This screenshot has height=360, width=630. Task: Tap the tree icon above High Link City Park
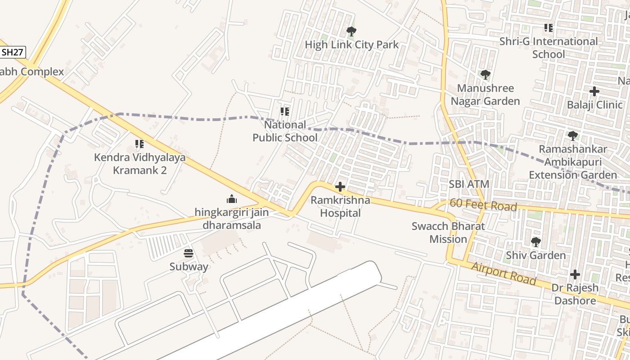point(351,31)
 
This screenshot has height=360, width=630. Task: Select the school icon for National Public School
point(284,111)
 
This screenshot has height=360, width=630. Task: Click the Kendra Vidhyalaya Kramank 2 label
point(139,164)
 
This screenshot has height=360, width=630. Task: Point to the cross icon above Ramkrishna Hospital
point(340,187)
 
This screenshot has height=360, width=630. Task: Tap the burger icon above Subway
point(189,253)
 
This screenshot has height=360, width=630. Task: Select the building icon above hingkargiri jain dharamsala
point(232,199)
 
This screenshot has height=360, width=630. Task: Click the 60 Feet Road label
point(483,205)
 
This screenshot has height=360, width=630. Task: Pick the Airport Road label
point(504,274)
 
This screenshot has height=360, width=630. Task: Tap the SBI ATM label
point(469,184)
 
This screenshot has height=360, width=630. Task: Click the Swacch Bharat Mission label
point(448,232)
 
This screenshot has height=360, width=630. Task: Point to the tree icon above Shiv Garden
point(535,242)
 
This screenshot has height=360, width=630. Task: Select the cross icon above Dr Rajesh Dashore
point(575,274)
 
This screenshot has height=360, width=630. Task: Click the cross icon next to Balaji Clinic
point(594,91)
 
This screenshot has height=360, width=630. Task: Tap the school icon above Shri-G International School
point(548,28)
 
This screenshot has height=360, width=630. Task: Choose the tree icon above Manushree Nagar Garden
point(485,75)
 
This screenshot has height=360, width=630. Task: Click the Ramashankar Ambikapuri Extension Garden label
point(573,162)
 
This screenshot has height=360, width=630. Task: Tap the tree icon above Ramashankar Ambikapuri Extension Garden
point(572,135)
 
